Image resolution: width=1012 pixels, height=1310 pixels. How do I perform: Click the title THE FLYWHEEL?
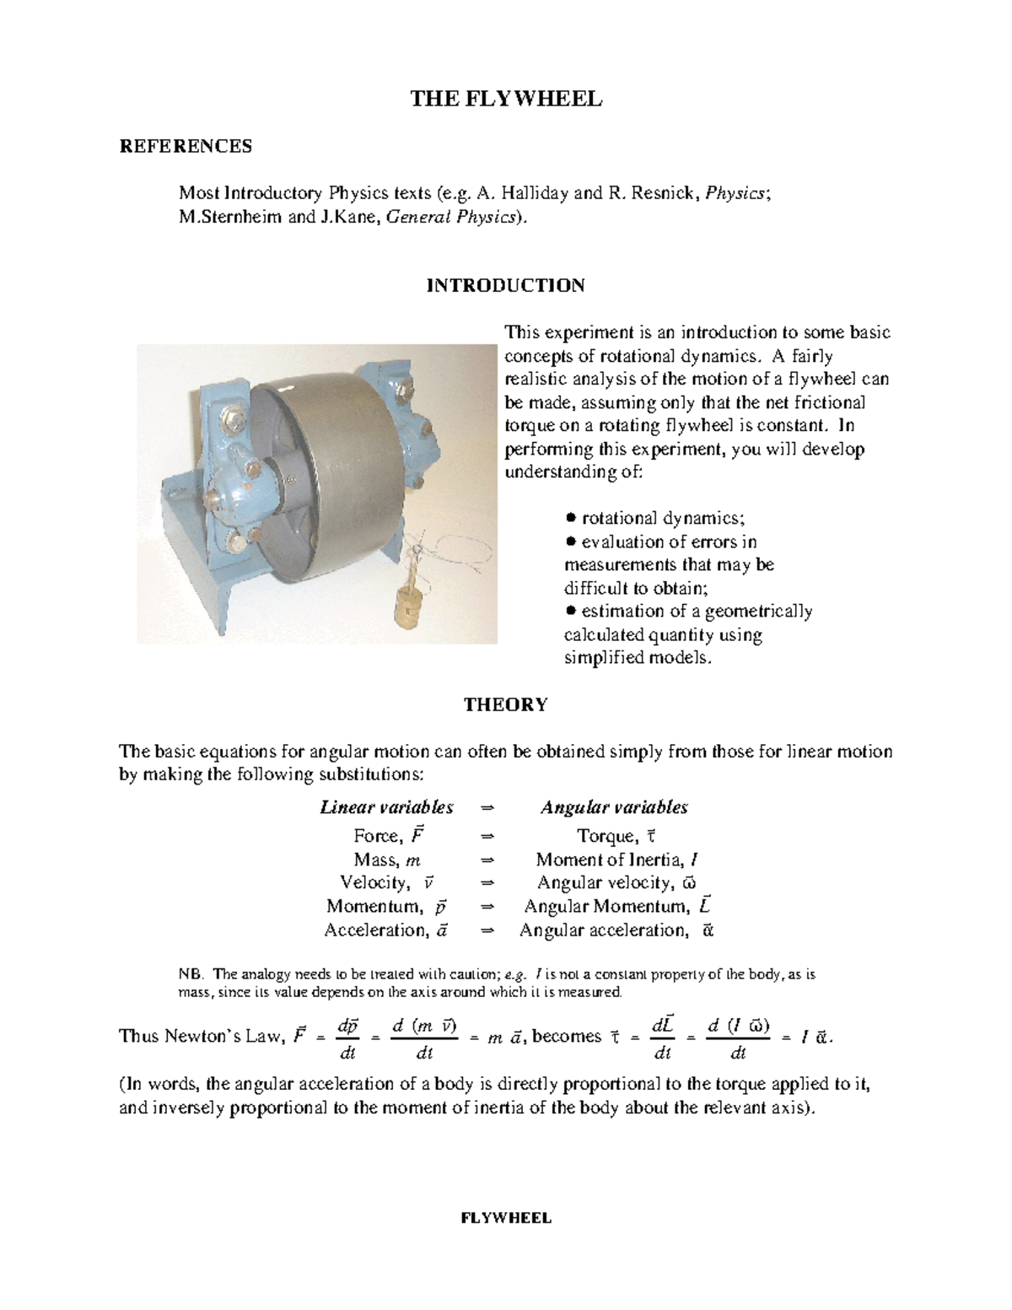tap(506, 100)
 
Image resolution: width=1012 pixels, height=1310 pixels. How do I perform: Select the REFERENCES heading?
tap(186, 147)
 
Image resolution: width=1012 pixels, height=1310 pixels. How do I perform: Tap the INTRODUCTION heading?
tap(505, 285)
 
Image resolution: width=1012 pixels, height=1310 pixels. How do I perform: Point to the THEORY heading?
tap(505, 704)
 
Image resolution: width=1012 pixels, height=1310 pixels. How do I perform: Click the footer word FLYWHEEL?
tap(505, 1217)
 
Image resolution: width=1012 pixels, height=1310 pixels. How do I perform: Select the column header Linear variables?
tap(386, 807)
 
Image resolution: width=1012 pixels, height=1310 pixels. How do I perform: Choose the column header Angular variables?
tap(614, 807)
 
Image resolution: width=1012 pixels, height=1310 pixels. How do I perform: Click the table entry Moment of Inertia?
tap(616, 860)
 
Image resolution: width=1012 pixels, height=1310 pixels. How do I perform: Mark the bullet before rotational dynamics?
tap(571, 518)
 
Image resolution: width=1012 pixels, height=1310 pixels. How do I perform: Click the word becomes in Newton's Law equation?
tap(568, 1036)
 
